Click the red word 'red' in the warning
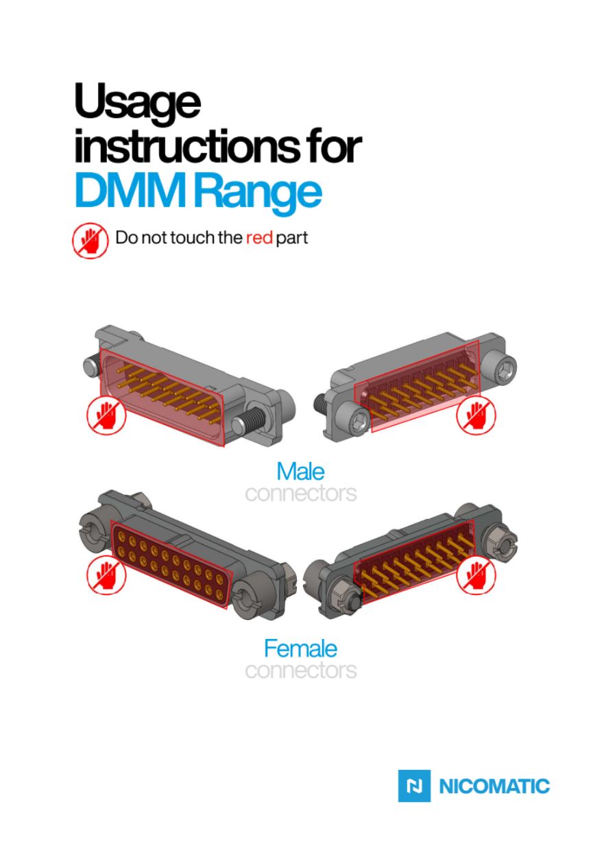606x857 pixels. (259, 238)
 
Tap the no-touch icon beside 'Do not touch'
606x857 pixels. (90, 241)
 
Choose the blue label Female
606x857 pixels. (301, 649)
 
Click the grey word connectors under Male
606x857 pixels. (301, 494)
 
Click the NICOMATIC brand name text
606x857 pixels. (494, 786)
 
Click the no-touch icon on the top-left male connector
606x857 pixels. (106, 415)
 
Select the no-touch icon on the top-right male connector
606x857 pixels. (476, 415)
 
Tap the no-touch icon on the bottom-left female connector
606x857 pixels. (106, 575)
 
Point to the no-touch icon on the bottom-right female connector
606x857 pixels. (476, 575)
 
